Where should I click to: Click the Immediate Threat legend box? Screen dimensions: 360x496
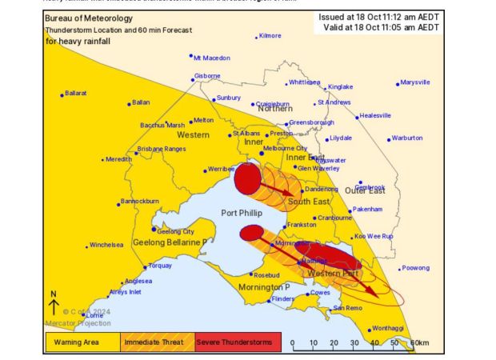(156, 342)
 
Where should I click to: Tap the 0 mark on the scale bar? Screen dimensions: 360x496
(293, 343)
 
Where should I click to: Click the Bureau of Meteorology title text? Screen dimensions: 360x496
(89, 18)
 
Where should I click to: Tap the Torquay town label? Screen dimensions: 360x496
(160, 265)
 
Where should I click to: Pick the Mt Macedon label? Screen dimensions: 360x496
(213, 58)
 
